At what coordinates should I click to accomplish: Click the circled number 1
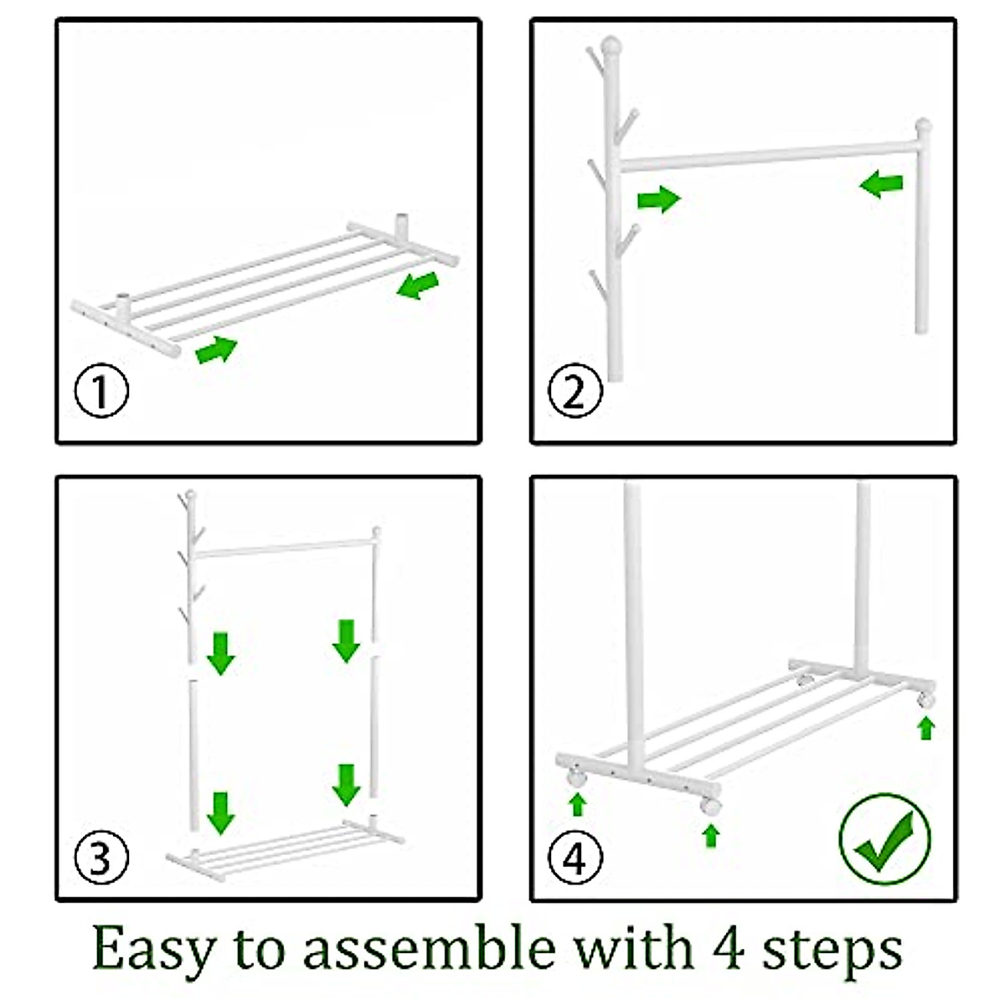[x=101, y=391]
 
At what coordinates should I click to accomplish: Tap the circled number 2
[x=575, y=391]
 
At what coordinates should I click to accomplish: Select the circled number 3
[x=101, y=858]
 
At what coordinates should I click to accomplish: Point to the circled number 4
[x=575, y=858]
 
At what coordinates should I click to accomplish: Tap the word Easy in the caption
[x=152, y=949]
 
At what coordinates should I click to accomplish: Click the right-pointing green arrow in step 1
[x=216, y=349]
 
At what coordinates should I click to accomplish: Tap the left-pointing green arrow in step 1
[x=417, y=285]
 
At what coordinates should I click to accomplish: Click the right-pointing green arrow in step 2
[x=659, y=199]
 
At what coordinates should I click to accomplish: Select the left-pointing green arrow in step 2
[x=882, y=183]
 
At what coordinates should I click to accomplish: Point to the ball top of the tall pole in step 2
[x=612, y=44]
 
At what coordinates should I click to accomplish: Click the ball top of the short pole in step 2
[x=923, y=128]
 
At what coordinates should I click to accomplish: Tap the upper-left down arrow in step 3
[x=221, y=653]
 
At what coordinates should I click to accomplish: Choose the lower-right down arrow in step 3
[x=346, y=785]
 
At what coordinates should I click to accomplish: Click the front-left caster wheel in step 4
[x=576, y=777]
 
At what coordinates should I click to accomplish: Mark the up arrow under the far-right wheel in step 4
[x=925, y=728]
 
